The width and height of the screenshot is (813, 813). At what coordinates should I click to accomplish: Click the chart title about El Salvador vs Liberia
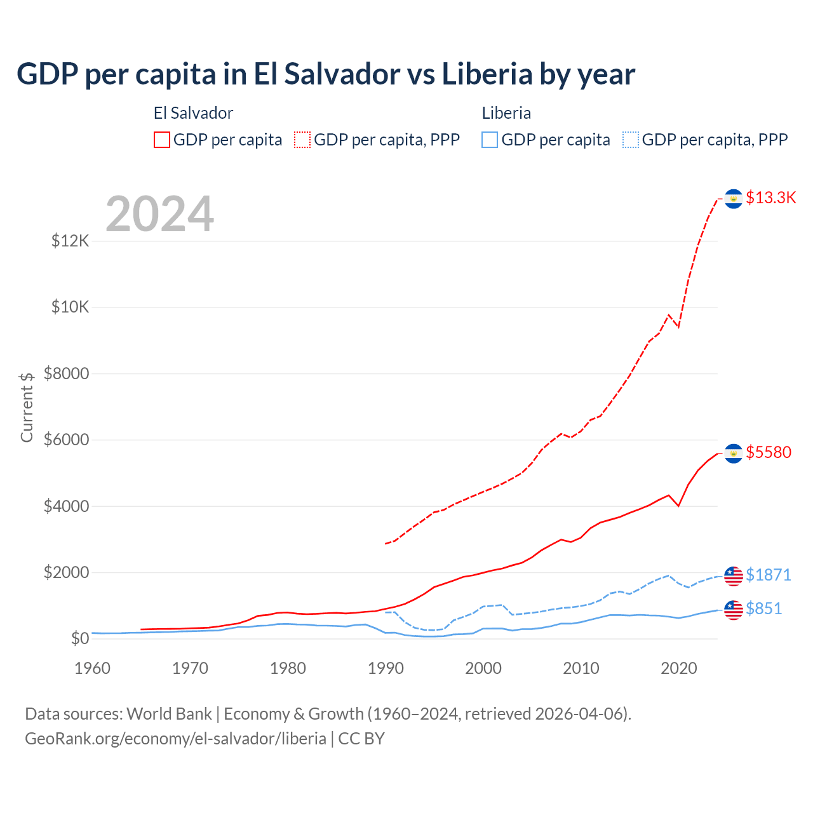click(325, 74)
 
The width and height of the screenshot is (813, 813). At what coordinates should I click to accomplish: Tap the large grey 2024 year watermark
click(159, 214)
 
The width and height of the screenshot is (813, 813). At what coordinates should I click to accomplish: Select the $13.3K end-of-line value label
click(770, 198)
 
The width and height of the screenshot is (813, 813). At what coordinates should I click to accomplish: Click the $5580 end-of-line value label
click(769, 452)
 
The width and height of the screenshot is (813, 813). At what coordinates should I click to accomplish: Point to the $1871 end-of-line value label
click(768, 575)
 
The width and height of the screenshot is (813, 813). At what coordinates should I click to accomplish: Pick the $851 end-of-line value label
click(763, 608)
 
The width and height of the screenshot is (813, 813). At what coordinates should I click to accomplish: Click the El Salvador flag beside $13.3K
click(734, 199)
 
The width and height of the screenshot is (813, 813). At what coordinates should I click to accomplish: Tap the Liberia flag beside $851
click(734, 610)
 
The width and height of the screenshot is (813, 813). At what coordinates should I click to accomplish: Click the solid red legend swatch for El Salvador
click(162, 140)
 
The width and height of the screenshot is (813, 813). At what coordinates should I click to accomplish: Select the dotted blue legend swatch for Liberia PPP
click(631, 140)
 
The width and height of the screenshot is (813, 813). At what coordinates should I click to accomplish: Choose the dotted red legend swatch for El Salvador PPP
click(302, 140)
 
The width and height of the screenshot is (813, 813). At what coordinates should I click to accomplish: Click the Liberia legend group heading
click(506, 113)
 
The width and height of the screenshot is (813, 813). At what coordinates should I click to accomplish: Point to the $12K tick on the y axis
click(71, 241)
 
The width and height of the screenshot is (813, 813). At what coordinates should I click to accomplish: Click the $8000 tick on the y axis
click(67, 373)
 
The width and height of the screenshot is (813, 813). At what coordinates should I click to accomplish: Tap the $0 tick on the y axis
click(79, 638)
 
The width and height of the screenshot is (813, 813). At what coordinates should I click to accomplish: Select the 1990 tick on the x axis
click(386, 668)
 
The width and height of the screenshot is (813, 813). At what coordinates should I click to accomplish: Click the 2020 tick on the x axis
click(679, 668)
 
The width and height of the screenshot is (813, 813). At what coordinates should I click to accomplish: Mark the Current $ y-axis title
click(27, 406)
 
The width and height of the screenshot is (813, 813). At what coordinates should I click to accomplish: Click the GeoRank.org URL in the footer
click(175, 739)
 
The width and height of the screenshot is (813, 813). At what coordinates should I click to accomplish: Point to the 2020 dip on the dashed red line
click(678, 326)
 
